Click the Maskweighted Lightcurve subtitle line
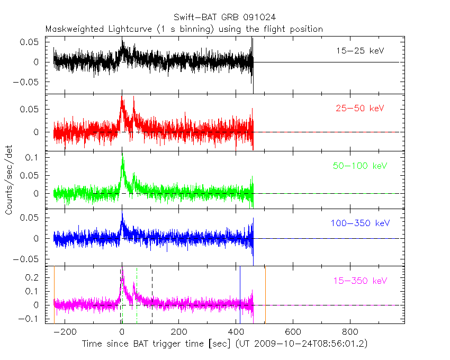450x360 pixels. (184, 29)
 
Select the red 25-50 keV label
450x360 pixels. (360, 108)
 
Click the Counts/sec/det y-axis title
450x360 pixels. (8, 180)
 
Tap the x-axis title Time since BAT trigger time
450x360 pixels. (224, 344)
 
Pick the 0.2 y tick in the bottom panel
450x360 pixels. (33, 277)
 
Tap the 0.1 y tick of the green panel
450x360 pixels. (33, 158)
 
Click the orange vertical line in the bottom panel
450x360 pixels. (54, 294)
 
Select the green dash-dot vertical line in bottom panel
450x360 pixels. (137, 294)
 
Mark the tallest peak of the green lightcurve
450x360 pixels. (123, 157)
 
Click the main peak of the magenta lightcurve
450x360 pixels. (122, 269)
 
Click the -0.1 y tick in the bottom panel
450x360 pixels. (31, 319)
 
